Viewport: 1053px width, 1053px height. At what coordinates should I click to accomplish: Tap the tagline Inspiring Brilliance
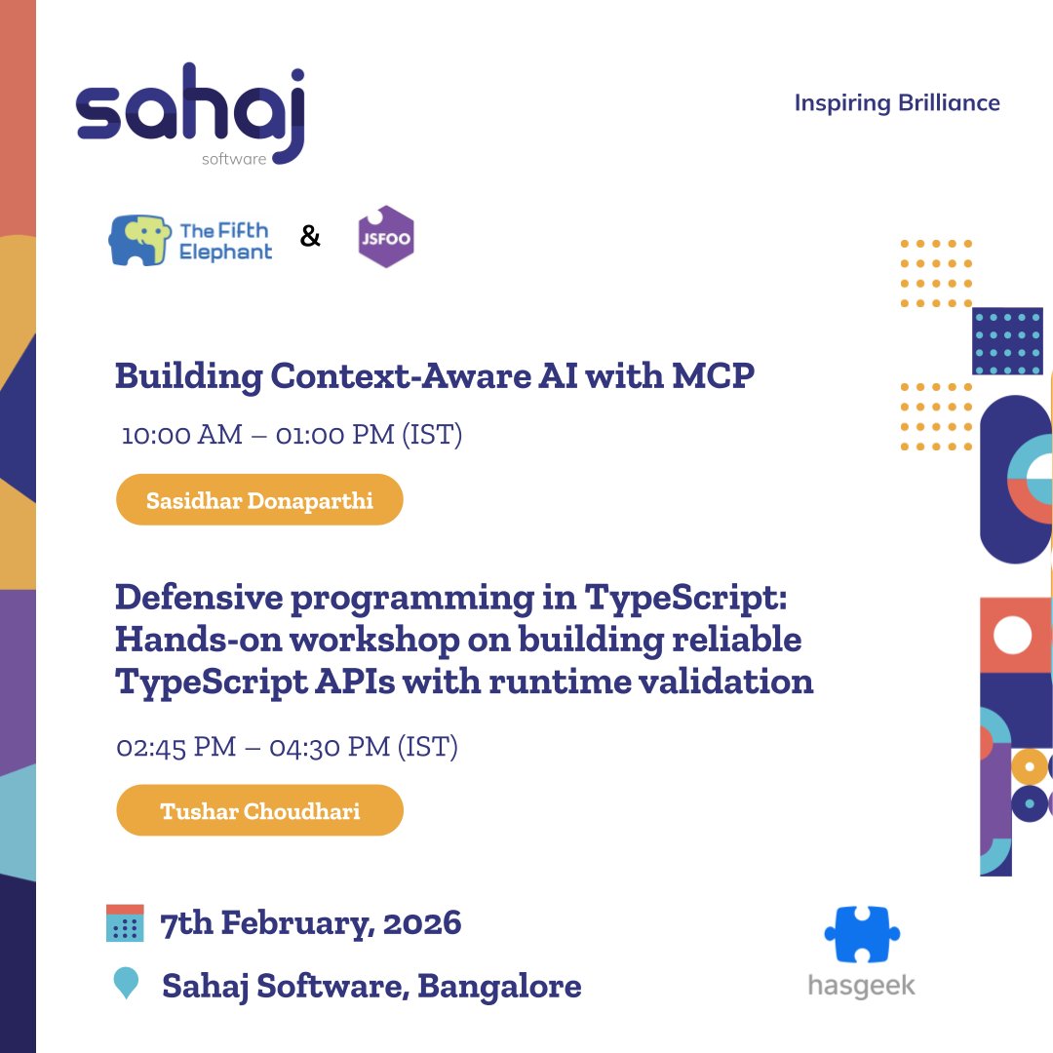pos(897,102)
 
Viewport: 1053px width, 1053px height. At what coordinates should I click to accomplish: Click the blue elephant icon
pos(138,240)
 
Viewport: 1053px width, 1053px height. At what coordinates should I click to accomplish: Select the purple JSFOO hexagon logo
pos(386,237)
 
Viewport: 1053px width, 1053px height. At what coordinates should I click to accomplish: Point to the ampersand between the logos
pos(310,236)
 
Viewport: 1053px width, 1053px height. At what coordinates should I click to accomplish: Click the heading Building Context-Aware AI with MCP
pos(435,376)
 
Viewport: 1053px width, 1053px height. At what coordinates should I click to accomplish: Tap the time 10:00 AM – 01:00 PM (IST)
pos(292,434)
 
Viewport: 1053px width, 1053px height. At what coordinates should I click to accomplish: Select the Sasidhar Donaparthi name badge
pos(259,500)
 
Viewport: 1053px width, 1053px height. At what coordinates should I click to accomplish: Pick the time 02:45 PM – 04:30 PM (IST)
pos(288,747)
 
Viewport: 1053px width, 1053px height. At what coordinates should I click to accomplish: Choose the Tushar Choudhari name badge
pos(259,811)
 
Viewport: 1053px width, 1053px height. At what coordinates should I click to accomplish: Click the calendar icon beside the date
pos(125,922)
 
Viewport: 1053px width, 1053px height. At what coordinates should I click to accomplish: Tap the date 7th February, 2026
pos(311,922)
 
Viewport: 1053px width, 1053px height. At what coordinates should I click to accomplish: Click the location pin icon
pos(126,983)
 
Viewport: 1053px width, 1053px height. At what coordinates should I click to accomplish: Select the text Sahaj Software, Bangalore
pos(371,986)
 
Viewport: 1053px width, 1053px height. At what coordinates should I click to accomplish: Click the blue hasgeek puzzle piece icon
pos(861,935)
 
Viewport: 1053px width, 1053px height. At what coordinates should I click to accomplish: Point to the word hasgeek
pos(862,986)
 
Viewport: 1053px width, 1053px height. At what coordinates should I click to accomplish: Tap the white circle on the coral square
pos(1011,636)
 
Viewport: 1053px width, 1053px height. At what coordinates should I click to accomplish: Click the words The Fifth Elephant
pos(226,241)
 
